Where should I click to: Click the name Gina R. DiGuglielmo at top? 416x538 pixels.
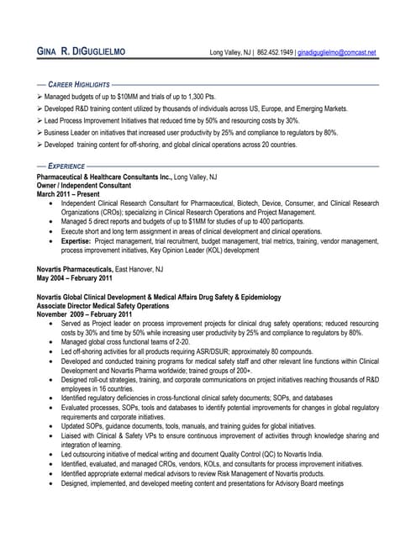pyautogui.click(x=82, y=52)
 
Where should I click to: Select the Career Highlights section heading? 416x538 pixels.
pyautogui.click(x=79, y=85)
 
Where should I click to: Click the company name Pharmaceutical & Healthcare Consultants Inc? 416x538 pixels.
pyautogui.click(x=103, y=178)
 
